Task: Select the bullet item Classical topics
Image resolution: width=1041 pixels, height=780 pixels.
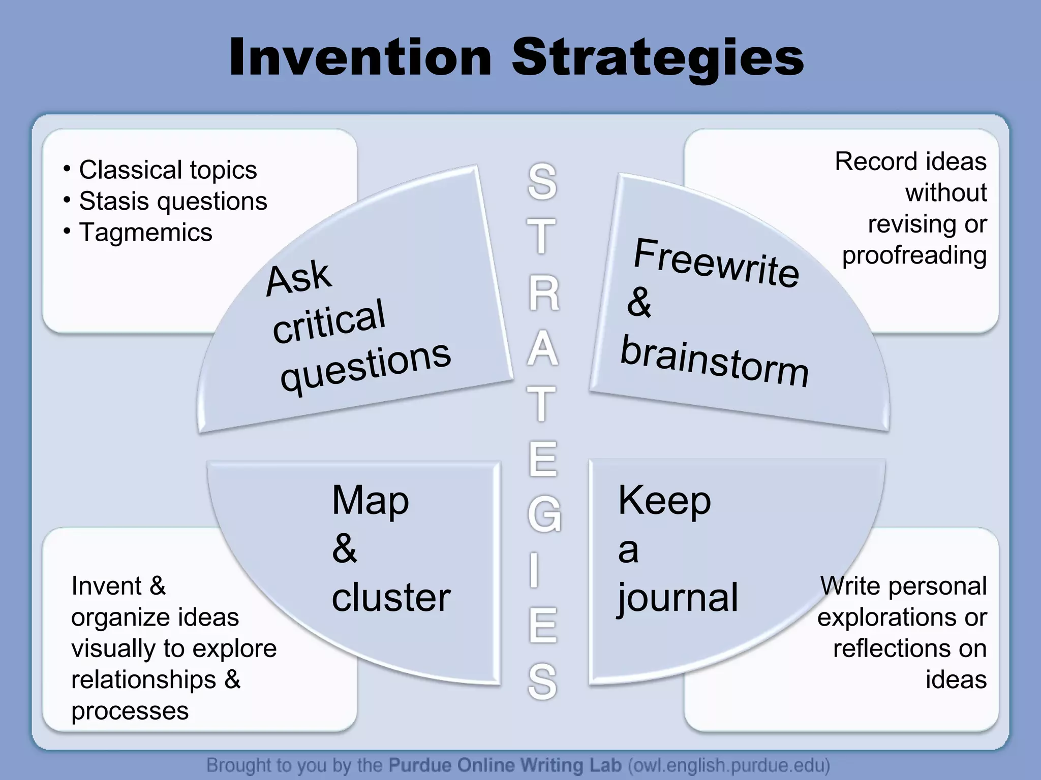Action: tap(168, 170)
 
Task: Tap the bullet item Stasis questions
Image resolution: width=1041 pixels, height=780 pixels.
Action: tap(173, 202)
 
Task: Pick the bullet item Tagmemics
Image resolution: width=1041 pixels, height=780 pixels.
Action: tap(145, 233)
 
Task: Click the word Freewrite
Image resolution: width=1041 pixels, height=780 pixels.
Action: tap(716, 263)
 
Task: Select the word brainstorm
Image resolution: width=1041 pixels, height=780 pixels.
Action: tap(714, 361)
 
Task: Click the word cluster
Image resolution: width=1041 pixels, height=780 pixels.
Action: tap(391, 598)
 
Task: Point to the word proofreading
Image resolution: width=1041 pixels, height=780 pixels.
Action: tap(914, 255)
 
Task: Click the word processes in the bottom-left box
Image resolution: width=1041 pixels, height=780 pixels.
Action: tap(130, 711)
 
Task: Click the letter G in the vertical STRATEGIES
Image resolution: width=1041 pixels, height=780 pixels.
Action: tap(544, 514)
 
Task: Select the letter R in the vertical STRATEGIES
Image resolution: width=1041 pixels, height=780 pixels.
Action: tap(543, 294)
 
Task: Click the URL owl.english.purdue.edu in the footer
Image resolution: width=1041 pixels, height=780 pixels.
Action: tap(728, 765)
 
